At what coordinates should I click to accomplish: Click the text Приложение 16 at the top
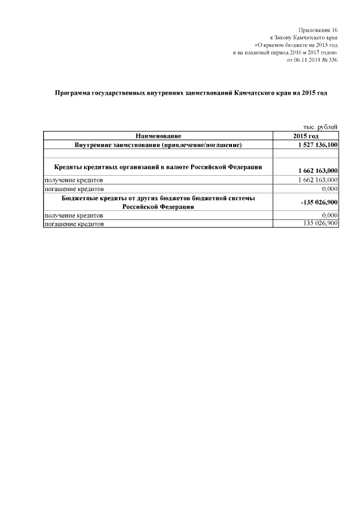pyautogui.click(x=318, y=29)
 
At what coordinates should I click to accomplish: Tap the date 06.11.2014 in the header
pyautogui.click(x=308, y=60)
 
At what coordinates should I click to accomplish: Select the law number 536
pyautogui.click(x=333, y=60)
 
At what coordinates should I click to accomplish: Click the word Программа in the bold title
pyautogui.click(x=74, y=92)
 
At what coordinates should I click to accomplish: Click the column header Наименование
pyautogui.click(x=158, y=136)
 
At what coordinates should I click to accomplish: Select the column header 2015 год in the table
pyautogui.click(x=306, y=136)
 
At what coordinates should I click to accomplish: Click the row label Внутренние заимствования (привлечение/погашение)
pyautogui.click(x=158, y=145)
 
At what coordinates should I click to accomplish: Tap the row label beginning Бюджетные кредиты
pyautogui.click(x=158, y=202)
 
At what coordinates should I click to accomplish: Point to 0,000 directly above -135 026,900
pyautogui.click(x=329, y=188)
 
